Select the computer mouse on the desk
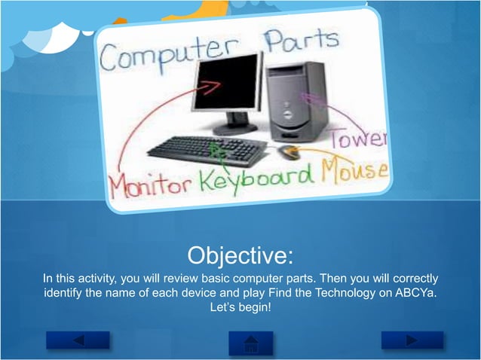288,151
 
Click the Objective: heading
240,255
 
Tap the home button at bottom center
251,343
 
